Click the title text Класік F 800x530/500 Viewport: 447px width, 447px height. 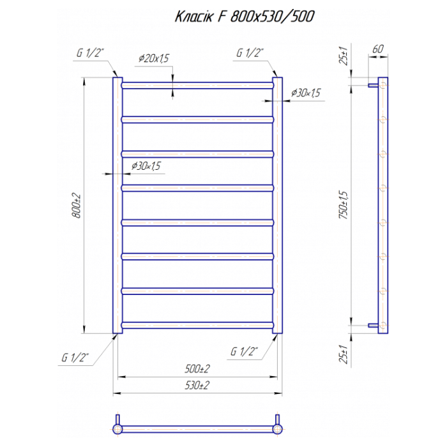coord(245,17)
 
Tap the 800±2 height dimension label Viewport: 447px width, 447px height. coord(77,206)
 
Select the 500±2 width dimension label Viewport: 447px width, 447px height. coord(197,369)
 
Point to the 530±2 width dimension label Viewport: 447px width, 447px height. coord(197,386)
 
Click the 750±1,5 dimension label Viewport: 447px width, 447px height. coord(344,205)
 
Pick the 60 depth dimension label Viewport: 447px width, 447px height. coord(378,49)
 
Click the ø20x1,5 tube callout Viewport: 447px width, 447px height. coord(154,59)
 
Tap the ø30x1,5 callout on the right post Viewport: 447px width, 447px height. coord(306,93)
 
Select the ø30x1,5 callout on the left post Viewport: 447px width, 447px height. coord(146,166)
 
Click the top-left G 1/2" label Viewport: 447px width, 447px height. coord(90,53)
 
